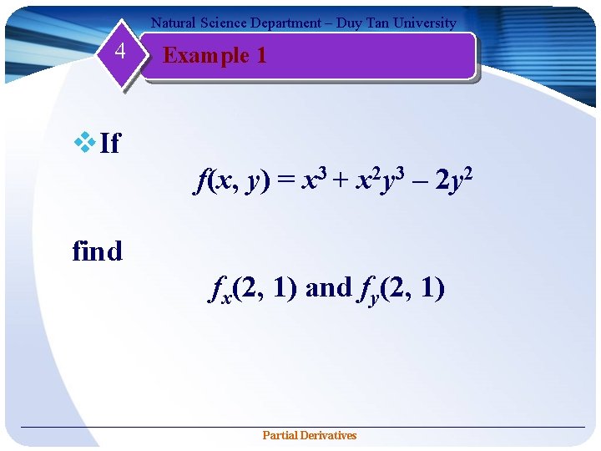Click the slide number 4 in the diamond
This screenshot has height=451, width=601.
pyautogui.click(x=120, y=52)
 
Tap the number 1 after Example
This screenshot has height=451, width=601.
pyautogui.click(x=261, y=56)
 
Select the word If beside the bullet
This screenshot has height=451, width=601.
pyautogui.click(x=109, y=144)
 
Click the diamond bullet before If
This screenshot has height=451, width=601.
pyautogui.click(x=85, y=143)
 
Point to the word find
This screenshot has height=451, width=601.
pyautogui.click(x=97, y=251)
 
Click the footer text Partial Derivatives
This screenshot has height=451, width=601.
pyautogui.click(x=309, y=435)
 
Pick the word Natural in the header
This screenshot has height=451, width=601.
pyautogui.click(x=172, y=23)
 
